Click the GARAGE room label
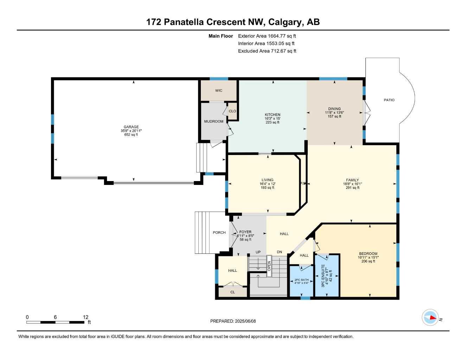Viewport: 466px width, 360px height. pos(131,127)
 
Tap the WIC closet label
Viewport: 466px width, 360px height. pos(219,91)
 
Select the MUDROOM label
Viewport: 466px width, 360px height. pos(213,121)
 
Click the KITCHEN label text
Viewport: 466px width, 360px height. pos(273,115)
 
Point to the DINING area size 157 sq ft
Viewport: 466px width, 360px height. pos(334,116)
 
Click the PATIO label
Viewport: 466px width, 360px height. pos(389,100)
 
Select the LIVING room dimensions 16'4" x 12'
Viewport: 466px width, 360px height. pos(267,184)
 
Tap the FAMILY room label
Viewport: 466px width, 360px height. pos(352,180)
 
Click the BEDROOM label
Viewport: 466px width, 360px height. pos(368,253)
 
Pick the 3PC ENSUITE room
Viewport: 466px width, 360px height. pos(326,276)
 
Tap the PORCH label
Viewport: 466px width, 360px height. pos(219,232)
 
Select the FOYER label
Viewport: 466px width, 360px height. pos(245,232)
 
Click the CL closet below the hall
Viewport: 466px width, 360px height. pos(232,292)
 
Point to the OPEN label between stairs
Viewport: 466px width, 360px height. pos(269,266)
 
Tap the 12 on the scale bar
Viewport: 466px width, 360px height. pos(86,317)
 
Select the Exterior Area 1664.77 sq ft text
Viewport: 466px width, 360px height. pos(267,36)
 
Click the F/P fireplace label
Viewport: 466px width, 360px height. pos(303,184)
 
